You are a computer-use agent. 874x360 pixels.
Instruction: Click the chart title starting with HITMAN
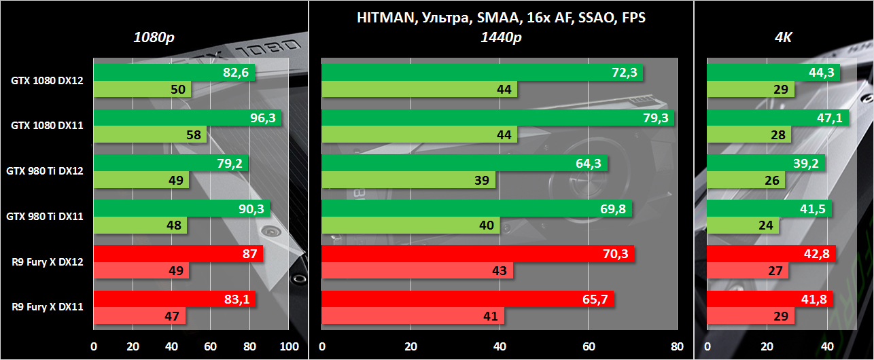[501, 18]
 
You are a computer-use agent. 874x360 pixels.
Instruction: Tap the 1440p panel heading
[501, 37]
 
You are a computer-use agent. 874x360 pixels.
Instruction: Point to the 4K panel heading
[783, 37]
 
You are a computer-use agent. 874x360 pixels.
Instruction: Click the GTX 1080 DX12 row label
[47, 81]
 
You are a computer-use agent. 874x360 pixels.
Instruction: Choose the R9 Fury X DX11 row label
[47, 307]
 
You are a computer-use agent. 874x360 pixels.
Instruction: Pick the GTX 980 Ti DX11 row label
[45, 217]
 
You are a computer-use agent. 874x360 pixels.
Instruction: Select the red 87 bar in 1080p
[178, 254]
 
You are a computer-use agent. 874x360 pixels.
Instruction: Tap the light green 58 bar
[150, 134]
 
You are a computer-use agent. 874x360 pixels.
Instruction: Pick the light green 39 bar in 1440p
[408, 180]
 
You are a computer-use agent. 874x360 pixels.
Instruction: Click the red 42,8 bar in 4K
[771, 254]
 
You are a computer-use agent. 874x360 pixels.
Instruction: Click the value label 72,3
[623, 73]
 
